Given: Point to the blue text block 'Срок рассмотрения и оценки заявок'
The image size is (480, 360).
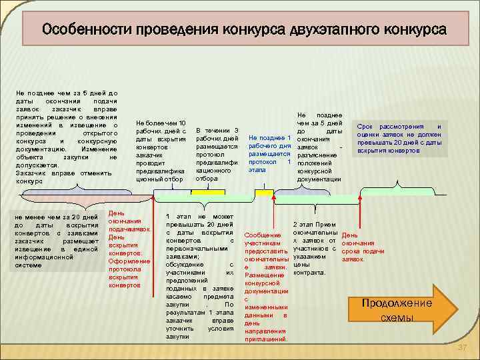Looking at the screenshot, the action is [399, 139].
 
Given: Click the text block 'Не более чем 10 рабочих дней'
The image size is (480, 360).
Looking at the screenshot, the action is [161, 151].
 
